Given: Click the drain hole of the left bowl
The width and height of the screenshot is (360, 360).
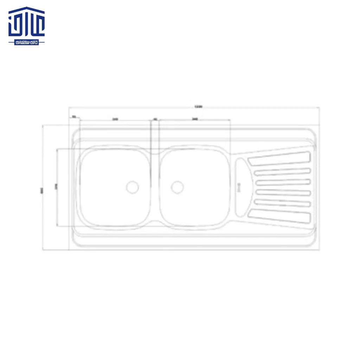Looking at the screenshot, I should [133, 187].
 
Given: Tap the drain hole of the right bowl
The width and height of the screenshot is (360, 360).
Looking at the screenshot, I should [177, 187].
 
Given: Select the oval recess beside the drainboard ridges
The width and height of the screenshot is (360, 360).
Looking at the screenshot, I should [242, 187].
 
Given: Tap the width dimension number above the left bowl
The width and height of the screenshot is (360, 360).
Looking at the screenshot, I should [115, 119].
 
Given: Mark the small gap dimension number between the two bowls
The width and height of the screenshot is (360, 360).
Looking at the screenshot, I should [155, 119].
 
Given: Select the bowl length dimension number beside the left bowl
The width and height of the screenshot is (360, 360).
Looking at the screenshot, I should [55, 187].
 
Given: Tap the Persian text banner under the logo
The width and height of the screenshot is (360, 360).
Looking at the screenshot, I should [27, 42].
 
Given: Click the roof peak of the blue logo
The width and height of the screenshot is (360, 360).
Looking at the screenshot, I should [27, 7].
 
